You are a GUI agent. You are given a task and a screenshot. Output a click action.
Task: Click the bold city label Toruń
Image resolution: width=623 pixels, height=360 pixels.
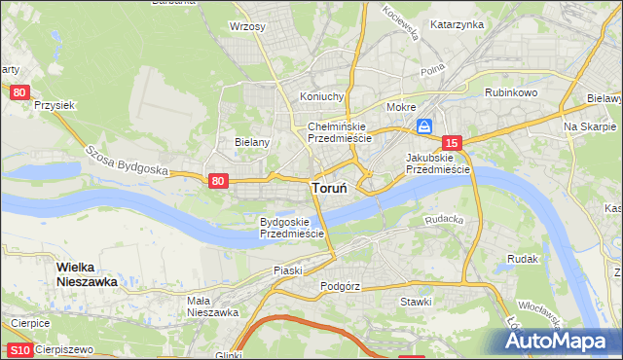(332, 189)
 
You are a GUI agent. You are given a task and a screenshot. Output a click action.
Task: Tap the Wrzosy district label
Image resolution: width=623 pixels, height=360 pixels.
(247, 26)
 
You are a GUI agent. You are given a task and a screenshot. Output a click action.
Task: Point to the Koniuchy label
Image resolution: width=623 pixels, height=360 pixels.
(322, 96)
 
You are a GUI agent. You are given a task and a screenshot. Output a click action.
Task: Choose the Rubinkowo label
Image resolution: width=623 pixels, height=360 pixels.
(511, 92)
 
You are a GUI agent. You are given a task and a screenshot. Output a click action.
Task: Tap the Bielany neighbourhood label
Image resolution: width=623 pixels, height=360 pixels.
(251, 141)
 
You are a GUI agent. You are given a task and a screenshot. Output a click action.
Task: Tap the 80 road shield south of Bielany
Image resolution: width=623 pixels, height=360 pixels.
(218, 181)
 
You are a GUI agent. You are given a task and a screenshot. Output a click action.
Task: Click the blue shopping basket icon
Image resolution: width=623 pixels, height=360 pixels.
(425, 126)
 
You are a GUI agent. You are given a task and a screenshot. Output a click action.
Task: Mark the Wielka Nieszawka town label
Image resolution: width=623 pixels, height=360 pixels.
(87, 274)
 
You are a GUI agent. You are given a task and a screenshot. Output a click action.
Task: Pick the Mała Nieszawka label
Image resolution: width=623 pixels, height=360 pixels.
(213, 306)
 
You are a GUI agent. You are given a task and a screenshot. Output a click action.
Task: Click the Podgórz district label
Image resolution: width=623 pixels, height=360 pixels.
(340, 287)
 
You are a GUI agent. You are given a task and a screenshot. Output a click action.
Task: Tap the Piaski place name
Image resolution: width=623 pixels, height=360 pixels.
(289, 269)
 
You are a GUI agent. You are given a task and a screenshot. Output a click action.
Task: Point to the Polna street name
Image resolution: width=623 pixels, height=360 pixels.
(431, 72)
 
